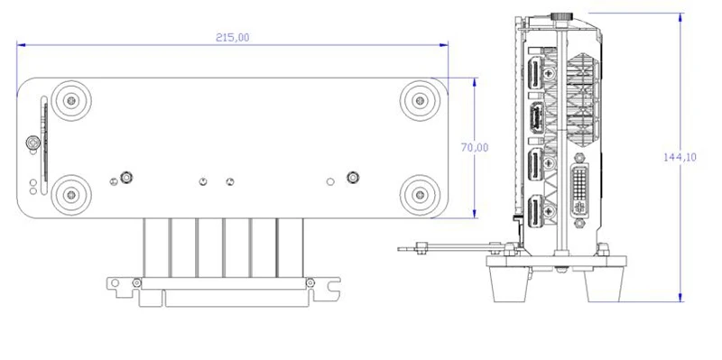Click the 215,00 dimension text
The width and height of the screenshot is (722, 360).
(x=233, y=38)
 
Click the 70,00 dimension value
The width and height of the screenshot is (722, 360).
(x=475, y=148)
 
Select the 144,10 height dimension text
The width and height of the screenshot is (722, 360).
(x=680, y=157)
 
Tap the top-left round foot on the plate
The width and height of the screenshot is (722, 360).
(x=71, y=100)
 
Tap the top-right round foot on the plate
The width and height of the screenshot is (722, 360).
(x=420, y=100)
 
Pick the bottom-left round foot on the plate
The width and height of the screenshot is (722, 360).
(x=71, y=195)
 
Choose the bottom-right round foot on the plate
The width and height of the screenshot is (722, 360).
(x=420, y=195)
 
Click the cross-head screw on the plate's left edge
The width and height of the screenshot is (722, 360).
(x=33, y=143)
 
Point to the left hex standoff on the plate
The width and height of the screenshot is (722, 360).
(x=126, y=177)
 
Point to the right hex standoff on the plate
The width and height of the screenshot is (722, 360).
(x=353, y=177)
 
